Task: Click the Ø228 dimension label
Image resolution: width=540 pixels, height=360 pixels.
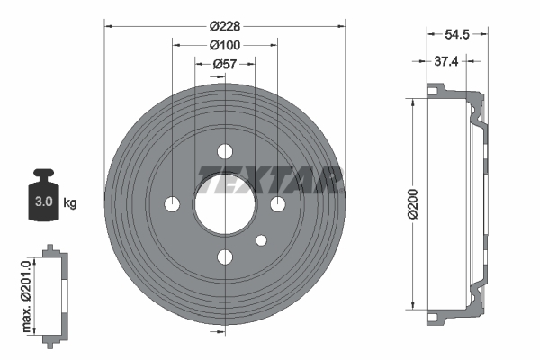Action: pyautogui.click(x=224, y=27)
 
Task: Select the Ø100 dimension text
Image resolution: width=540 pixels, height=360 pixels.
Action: pyautogui.click(x=224, y=45)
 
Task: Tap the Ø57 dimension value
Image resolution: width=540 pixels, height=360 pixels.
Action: pyautogui.click(x=224, y=64)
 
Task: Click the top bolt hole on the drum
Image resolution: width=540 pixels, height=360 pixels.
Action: pyautogui.click(x=224, y=151)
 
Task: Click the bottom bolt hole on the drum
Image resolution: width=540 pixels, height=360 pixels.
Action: pyautogui.click(x=224, y=257)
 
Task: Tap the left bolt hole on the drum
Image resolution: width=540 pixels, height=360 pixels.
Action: pyautogui.click(x=171, y=204)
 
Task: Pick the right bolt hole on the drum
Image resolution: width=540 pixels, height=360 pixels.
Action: pyautogui.click(x=277, y=204)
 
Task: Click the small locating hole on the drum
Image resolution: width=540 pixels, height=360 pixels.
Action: pyautogui.click(x=262, y=240)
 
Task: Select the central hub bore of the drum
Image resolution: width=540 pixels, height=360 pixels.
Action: pyautogui.click(x=224, y=204)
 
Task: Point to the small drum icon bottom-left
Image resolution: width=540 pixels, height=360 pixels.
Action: pyautogui.click(x=54, y=292)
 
